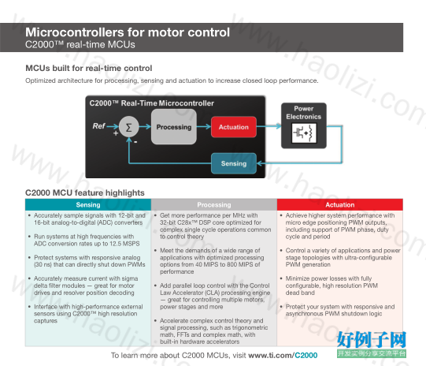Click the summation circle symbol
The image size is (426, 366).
point(129,127)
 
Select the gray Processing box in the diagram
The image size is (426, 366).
point(174,127)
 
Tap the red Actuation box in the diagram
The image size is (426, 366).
point(234,127)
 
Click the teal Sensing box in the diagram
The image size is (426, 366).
point(234,163)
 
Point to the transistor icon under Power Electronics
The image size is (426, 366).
point(304,133)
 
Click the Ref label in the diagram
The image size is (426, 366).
point(98,126)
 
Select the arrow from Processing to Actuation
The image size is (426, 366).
point(204,126)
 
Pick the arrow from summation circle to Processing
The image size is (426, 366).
point(145,126)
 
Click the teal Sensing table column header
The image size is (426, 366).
point(88,204)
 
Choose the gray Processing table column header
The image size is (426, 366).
point(214,204)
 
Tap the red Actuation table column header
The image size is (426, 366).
point(340,204)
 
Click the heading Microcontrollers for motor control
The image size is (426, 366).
point(128,32)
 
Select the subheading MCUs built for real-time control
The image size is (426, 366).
point(88,68)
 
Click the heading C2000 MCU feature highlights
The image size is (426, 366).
point(85,192)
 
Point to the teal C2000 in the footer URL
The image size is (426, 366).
point(306,355)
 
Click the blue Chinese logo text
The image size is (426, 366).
point(372,340)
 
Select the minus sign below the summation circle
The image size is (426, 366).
point(135,142)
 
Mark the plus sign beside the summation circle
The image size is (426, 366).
point(116,133)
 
